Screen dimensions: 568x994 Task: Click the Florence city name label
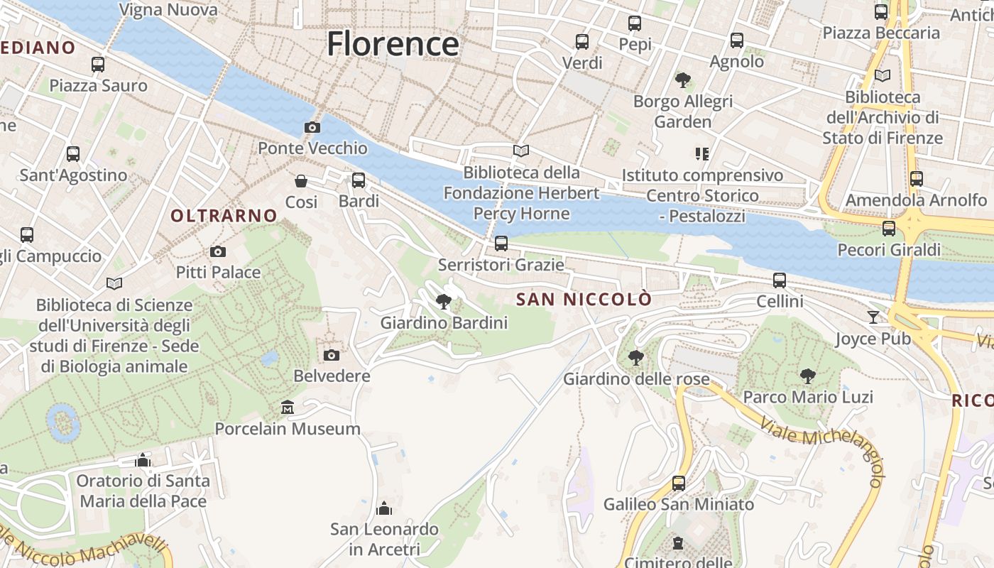point(393,44)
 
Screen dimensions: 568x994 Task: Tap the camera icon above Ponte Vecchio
point(312,127)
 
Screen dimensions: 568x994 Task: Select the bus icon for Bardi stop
point(359,180)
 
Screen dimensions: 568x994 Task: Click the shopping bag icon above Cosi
point(301,181)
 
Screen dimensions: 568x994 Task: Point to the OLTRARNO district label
point(224,215)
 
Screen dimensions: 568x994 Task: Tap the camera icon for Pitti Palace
point(218,251)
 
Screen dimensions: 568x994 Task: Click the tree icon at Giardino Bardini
point(444,302)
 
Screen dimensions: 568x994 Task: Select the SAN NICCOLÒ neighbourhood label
point(583,300)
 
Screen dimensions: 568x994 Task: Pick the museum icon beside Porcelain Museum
point(288,408)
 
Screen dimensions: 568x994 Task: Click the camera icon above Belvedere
point(332,355)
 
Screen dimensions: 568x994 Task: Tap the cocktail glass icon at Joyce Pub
point(873,317)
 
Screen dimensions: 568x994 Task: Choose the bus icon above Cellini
point(780,280)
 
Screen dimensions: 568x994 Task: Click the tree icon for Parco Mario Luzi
point(807,376)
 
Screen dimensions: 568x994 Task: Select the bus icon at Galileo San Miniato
point(679,484)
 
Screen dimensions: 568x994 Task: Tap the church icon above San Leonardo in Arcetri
point(384,508)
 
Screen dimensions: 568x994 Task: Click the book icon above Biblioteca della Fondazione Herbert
point(521,151)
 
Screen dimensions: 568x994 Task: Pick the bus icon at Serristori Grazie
point(501,244)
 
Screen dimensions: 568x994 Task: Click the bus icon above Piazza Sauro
point(98,65)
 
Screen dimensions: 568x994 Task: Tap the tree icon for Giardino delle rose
point(636,357)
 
